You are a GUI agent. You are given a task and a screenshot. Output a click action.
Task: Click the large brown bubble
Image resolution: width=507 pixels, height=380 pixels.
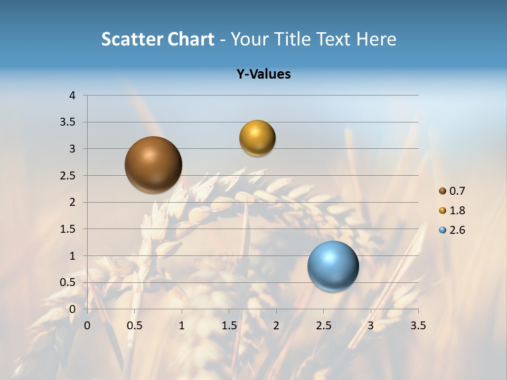point(154,165)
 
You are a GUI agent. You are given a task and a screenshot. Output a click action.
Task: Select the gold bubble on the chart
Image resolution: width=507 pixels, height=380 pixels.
point(257,138)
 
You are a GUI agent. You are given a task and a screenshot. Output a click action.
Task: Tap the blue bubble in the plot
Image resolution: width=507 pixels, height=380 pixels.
point(333,266)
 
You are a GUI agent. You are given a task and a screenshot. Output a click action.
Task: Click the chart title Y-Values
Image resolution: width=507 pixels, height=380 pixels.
point(264,74)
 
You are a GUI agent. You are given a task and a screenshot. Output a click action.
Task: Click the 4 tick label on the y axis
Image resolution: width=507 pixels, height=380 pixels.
point(72,96)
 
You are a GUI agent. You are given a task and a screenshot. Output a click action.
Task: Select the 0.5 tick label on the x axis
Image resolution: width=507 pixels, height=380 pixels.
point(135,326)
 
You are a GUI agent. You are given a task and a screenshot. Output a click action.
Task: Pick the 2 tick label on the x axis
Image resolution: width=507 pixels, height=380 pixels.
point(276,326)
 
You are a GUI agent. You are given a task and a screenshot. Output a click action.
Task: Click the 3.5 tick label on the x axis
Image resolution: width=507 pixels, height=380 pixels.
point(418,326)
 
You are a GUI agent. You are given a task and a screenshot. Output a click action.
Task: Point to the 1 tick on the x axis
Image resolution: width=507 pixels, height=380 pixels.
point(182,326)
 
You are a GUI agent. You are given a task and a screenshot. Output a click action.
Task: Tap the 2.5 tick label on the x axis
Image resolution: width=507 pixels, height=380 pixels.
point(323,326)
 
